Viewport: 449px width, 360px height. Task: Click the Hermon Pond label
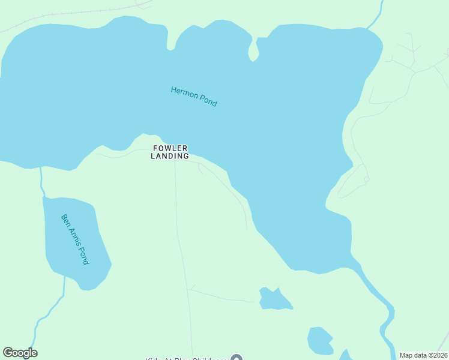(194, 97)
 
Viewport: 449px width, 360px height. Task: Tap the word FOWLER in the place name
(170, 148)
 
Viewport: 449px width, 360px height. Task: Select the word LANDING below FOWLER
(170, 156)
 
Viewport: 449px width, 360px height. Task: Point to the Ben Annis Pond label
(75, 239)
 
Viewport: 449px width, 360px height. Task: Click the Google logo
(20, 353)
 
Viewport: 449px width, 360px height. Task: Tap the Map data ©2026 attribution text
(423, 355)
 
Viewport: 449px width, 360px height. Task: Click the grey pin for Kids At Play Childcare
(236, 359)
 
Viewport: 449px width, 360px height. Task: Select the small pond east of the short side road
(274, 299)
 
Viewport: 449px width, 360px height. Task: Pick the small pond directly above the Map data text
(320, 340)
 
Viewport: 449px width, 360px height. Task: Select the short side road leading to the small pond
(222, 297)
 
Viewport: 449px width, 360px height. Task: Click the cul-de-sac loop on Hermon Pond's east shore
(366, 179)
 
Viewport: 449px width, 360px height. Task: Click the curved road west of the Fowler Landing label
(120, 155)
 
